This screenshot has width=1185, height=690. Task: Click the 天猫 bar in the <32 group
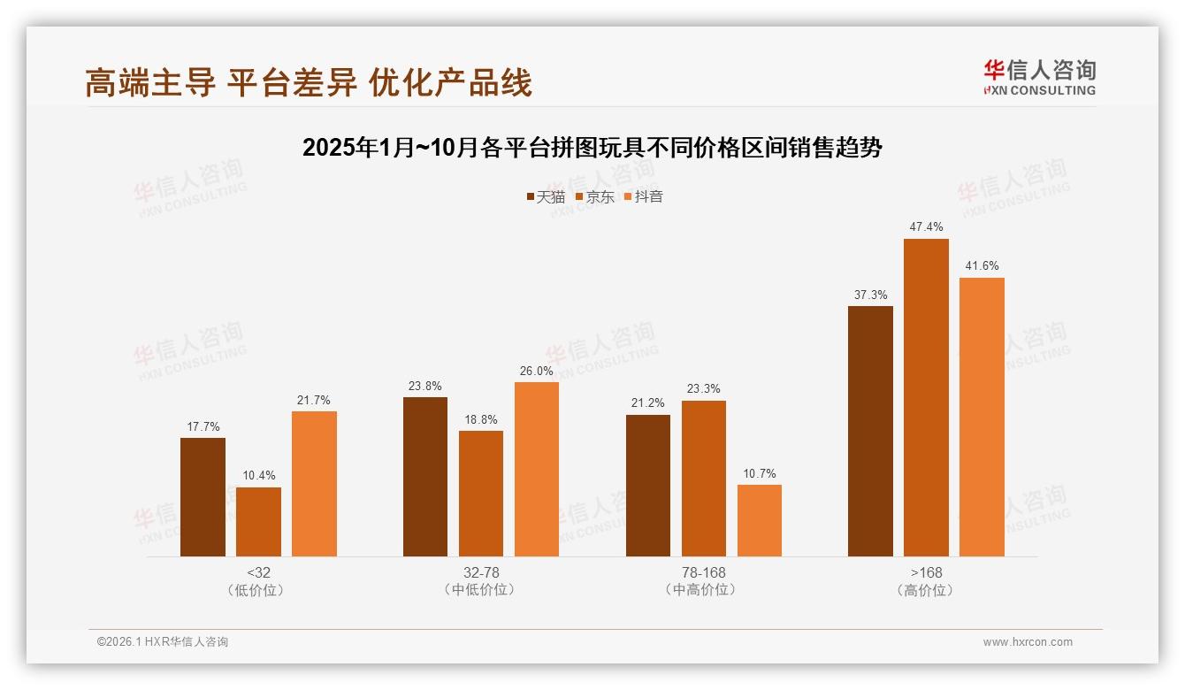[203, 497]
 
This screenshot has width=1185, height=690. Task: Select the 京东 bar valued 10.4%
[258, 522]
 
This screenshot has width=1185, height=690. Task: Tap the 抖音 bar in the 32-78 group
[537, 469]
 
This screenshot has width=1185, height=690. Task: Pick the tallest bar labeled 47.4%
[926, 398]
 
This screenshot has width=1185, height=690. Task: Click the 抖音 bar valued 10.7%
[760, 520]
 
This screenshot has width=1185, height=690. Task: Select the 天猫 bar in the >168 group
[870, 432]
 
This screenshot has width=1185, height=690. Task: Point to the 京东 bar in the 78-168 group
[704, 479]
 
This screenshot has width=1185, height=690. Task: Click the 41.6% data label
[982, 266]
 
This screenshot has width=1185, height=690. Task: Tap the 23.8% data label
[425, 386]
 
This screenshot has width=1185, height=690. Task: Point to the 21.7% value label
[314, 400]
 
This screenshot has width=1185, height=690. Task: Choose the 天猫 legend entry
[546, 197]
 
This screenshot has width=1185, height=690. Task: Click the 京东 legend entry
[595, 197]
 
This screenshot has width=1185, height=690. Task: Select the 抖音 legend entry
[644, 197]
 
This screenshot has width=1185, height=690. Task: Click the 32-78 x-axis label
[481, 572]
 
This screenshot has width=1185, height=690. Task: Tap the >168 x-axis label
[926, 572]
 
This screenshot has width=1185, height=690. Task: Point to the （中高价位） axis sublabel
[704, 590]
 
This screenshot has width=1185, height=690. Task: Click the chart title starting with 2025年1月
[592, 148]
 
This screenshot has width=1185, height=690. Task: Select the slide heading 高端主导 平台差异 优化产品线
[309, 82]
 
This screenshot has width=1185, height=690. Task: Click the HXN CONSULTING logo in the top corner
[1040, 78]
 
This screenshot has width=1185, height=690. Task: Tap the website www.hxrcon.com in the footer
[1028, 642]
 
